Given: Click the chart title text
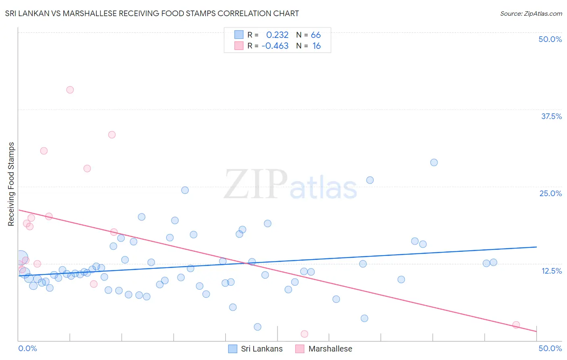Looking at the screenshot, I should (152, 13).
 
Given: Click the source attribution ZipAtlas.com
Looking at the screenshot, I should (531, 14).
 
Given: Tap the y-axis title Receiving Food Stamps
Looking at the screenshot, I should (11, 184).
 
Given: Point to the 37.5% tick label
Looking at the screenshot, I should (551, 116).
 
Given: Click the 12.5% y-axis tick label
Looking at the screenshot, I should (551, 271).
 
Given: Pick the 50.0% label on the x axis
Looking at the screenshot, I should (550, 348).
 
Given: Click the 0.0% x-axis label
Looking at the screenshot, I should (27, 348).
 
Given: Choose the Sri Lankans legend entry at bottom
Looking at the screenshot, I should (255, 349).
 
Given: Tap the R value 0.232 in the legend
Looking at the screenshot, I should (277, 35).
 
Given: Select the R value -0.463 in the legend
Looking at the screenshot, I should (275, 46).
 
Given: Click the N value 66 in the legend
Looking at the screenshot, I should (316, 35).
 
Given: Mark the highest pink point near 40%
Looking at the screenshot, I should (70, 90).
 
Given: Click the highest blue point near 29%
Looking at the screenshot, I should (434, 163).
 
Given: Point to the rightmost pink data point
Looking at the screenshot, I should (516, 325).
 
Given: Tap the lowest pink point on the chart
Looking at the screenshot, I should (304, 334).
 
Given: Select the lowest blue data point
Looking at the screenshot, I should (258, 327).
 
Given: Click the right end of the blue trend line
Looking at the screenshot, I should (536, 247).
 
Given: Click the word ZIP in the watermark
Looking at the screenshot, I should (256, 185).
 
